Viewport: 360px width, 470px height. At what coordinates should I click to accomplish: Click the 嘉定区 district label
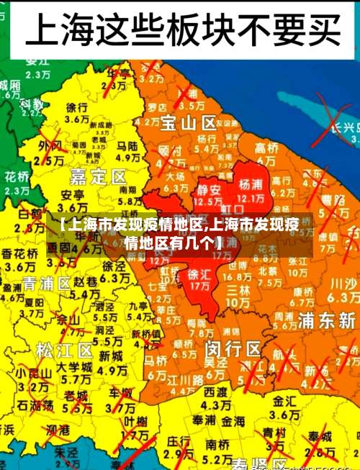(x=99, y=176)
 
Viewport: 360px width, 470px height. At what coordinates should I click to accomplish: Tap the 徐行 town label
(x=77, y=107)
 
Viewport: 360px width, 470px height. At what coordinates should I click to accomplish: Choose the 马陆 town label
(x=127, y=145)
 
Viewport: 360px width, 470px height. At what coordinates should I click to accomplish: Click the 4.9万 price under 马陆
(x=127, y=157)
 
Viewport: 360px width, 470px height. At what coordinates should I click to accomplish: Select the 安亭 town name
(x=72, y=195)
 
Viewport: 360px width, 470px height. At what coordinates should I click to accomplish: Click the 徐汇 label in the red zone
(x=199, y=274)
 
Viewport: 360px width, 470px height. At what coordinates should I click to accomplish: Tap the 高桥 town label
(x=266, y=146)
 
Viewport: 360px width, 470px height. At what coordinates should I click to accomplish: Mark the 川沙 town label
(x=343, y=284)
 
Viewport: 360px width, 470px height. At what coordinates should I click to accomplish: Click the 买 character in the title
(x=316, y=30)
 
